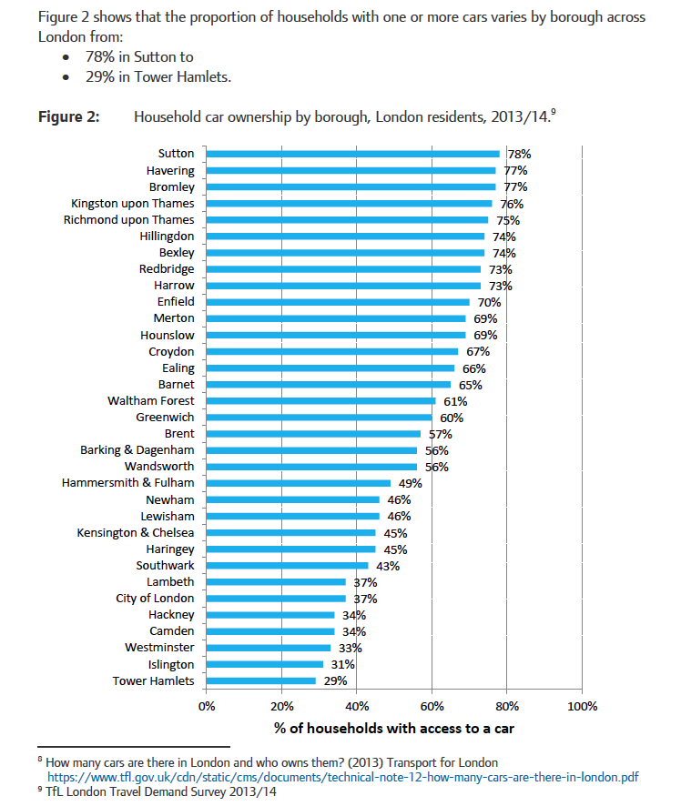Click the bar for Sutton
click(353, 154)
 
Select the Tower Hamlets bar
click(261, 680)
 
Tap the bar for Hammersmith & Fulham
click(299, 483)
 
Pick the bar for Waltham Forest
click(321, 400)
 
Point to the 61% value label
click(455, 401)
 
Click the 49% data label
click(411, 483)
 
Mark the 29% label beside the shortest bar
click(335, 680)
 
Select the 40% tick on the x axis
click(357, 706)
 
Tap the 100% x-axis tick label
click(582, 706)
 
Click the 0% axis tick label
click(207, 706)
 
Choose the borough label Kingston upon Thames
click(133, 204)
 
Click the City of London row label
click(155, 599)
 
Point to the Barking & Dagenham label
click(137, 450)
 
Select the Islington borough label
click(171, 664)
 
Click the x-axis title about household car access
click(394, 730)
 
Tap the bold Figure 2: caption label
click(68, 116)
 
